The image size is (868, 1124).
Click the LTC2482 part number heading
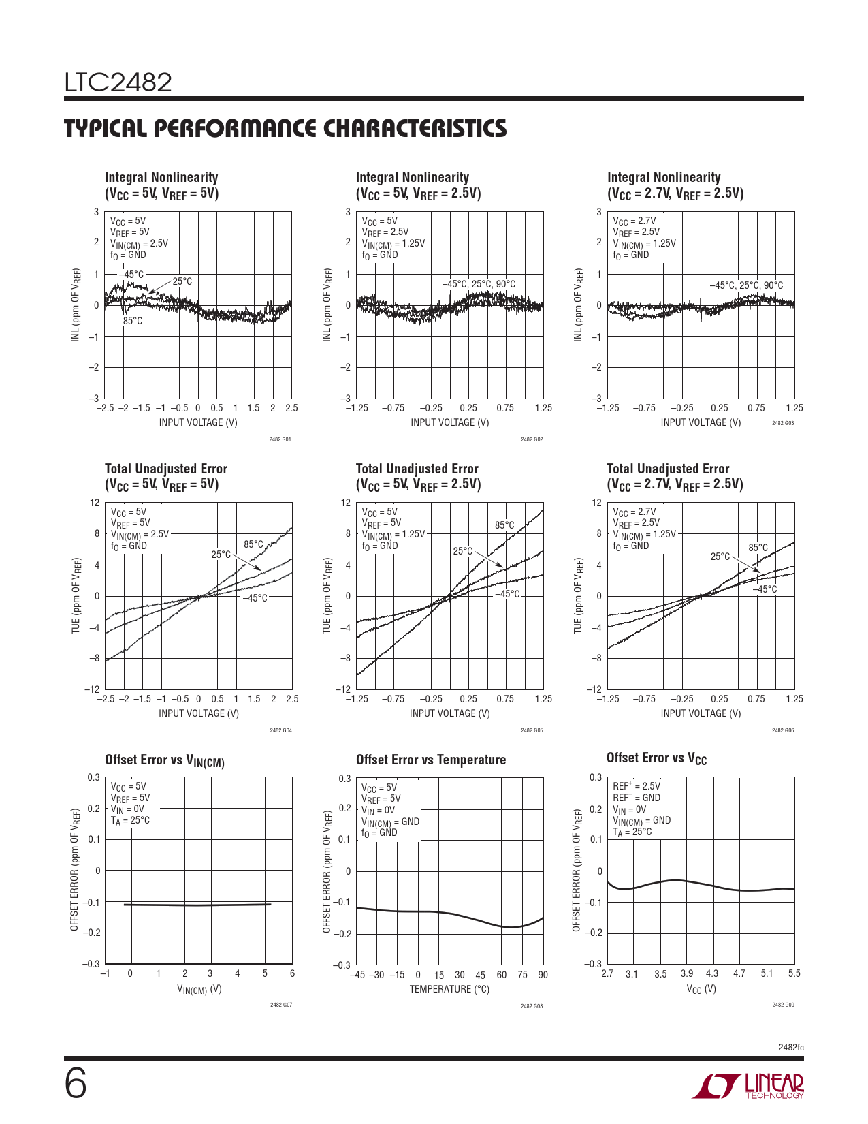tap(118, 83)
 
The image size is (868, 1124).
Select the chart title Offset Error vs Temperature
tap(431, 760)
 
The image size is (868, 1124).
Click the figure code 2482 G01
tap(280, 439)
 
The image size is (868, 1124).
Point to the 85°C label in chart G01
tap(133, 321)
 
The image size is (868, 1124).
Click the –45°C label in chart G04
tap(255, 598)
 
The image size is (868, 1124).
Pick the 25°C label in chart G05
tap(463, 550)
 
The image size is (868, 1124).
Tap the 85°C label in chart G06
tap(758, 548)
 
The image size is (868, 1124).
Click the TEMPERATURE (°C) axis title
tap(449, 989)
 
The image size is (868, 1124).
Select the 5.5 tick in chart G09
tap(794, 973)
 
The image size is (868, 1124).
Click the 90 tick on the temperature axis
tap(543, 975)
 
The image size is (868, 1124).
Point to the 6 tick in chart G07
tap(292, 973)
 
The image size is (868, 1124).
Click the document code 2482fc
tap(791, 1047)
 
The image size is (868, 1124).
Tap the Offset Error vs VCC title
tap(656, 758)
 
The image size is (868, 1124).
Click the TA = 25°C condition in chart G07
tap(130, 821)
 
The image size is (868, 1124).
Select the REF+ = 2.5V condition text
tap(636, 786)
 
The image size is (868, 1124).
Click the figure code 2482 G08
tap(532, 1006)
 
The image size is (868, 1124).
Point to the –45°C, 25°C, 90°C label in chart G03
tap(746, 285)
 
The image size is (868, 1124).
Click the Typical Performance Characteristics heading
tap(285, 129)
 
